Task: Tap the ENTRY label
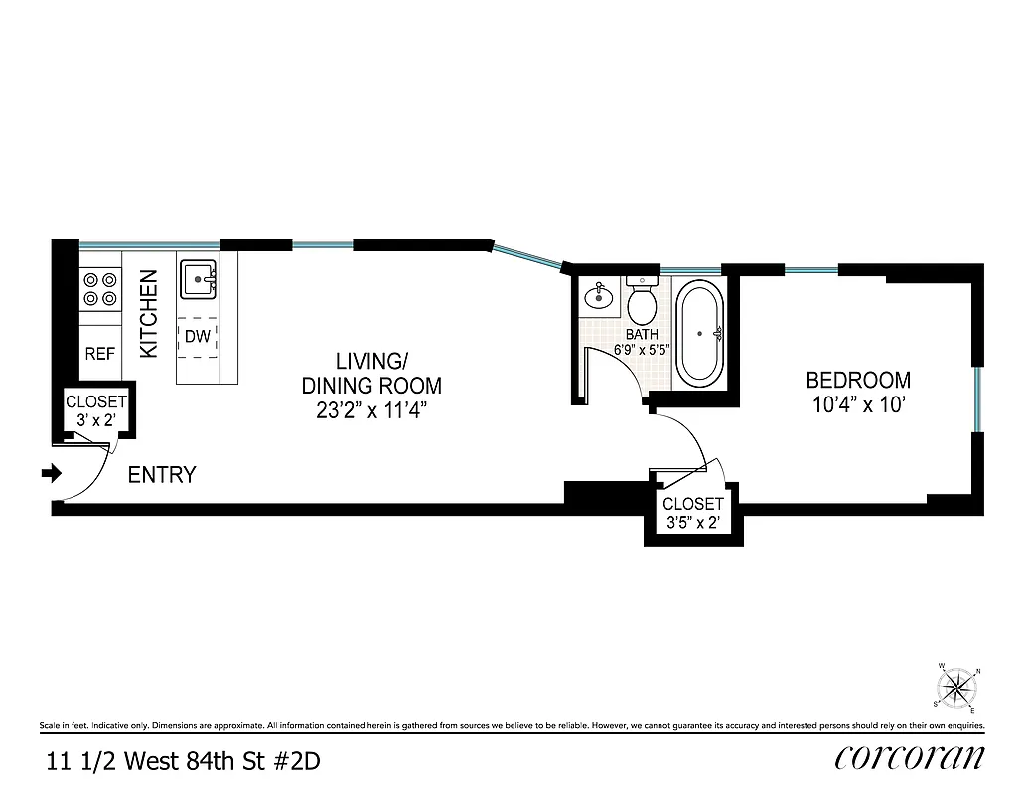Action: coord(162,476)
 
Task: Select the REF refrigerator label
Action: coord(99,353)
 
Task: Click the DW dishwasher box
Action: coord(198,337)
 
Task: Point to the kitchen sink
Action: coord(199,280)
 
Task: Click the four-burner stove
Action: coord(99,289)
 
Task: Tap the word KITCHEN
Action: coord(149,314)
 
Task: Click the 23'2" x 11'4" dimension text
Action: coord(371,410)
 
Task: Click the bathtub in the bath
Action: coord(701,335)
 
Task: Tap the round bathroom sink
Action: coord(598,295)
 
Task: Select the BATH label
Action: coord(642,335)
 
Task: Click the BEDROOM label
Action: coord(857,380)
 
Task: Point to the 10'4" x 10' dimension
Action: coord(857,405)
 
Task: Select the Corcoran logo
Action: coord(910,758)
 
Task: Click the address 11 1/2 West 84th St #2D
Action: coord(184,762)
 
